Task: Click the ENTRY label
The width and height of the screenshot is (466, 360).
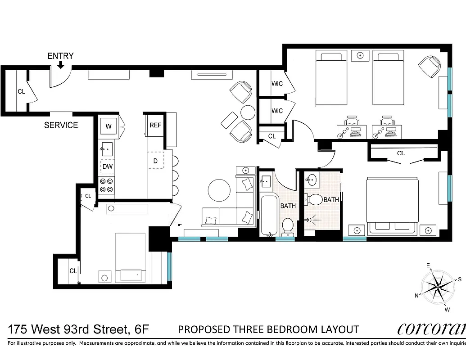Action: (60, 56)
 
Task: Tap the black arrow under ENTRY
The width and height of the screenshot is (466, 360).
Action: (60, 66)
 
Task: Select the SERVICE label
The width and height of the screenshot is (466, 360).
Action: (61, 125)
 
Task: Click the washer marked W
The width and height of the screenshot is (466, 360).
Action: (109, 126)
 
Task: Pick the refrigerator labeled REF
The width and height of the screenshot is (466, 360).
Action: (155, 126)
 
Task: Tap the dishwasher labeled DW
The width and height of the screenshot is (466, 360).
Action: (107, 166)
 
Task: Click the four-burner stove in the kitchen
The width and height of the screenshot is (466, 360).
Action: (107, 185)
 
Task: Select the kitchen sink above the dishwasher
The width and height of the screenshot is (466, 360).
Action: (107, 149)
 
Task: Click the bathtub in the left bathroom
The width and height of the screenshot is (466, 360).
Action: (270, 215)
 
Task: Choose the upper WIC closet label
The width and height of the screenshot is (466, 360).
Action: (277, 84)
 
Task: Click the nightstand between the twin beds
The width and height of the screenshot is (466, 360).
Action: (360, 55)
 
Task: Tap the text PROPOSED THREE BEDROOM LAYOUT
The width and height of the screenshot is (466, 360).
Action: (268, 329)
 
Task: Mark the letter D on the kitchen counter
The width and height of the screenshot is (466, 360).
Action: (155, 161)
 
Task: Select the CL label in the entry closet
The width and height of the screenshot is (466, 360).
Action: (21, 91)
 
